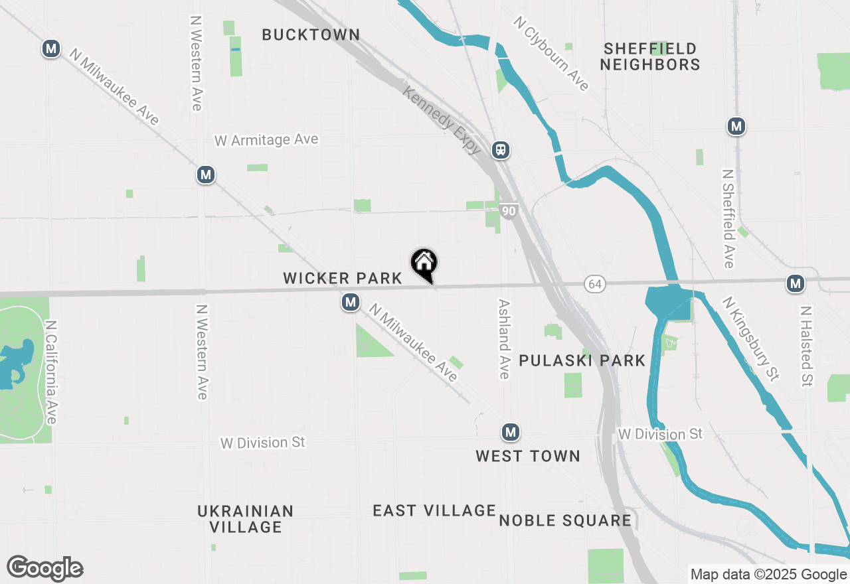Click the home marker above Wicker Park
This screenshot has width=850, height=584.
[x=424, y=263]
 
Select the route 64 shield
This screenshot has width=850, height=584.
[x=594, y=284]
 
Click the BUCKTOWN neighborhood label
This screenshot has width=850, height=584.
[x=311, y=35]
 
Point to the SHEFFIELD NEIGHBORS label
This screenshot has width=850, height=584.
[x=651, y=56]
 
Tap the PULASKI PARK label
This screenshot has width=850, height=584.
[x=582, y=360]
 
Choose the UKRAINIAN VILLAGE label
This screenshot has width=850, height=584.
[x=246, y=519]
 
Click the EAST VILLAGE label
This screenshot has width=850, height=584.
[x=434, y=510]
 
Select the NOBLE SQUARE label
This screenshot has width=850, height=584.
[x=565, y=520]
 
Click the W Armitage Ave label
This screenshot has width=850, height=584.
[x=266, y=140]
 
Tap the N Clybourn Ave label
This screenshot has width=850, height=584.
[x=551, y=54]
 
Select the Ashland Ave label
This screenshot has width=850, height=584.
[x=504, y=338]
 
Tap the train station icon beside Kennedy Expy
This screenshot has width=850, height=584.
[x=501, y=150]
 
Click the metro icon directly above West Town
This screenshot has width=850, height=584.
[x=510, y=433]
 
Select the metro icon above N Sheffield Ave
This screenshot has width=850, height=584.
[x=735, y=126]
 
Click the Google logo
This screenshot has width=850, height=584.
[x=45, y=568]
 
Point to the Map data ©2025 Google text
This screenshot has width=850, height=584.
[x=768, y=575]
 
